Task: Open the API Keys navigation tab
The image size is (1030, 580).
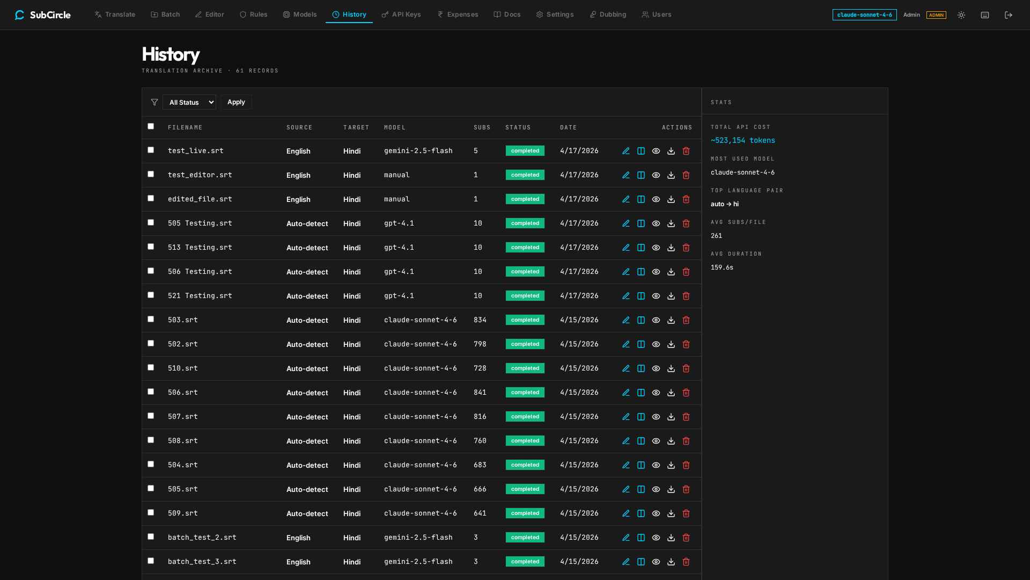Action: pyautogui.click(x=401, y=15)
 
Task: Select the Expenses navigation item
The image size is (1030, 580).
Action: pyautogui.click(x=457, y=15)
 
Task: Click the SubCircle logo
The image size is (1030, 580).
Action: pyautogui.click(x=43, y=15)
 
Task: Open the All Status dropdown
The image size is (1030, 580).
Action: pyautogui.click(x=189, y=102)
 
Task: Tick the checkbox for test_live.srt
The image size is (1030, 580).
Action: pyautogui.click(x=151, y=150)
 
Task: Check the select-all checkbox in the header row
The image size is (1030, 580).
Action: pyautogui.click(x=151, y=126)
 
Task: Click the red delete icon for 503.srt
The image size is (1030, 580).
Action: pyautogui.click(x=686, y=320)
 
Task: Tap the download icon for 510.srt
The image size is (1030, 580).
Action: pyautogui.click(x=671, y=368)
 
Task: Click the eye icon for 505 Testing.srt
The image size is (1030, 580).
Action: pyautogui.click(x=656, y=223)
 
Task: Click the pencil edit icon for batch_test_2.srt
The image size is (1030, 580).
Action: pyautogui.click(x=626, y=538)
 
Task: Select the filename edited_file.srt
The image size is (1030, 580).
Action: pyautogui.click(x=200, y=199)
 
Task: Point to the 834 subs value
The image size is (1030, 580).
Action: pyautogui.click(x=480, y=320)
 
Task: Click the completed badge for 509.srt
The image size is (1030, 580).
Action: pyautogui.click(x=525, y=513)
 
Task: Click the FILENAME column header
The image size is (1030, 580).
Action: pyautogui.click(x=185, y=127)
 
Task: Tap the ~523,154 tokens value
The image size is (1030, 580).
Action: pyautogui.click(x=743, y=140)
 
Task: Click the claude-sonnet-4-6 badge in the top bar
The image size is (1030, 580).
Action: pyautogui.click(x=865, y=15)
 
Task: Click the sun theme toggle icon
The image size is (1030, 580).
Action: pyautogui.click(x=961, y=15)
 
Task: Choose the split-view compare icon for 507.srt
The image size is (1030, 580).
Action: pyautogui.click(x=641, y=417)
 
